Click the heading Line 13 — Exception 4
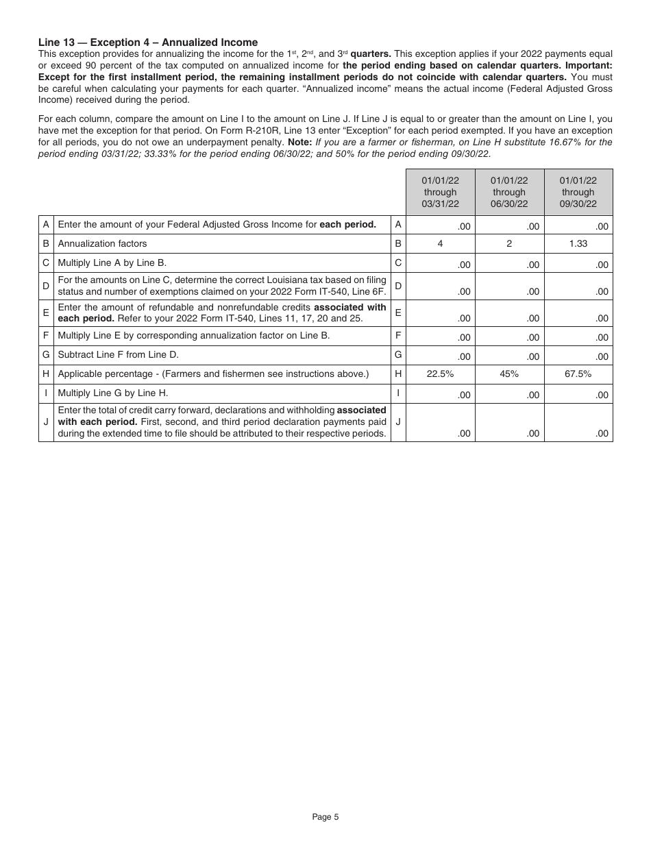click(148, 42)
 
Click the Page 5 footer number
click(325, 816)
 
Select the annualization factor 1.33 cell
click(578, 243)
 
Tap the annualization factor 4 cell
click(440, 243)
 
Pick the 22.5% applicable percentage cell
click(440, 374)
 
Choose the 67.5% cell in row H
click(578, 374)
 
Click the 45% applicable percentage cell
click(509, 374)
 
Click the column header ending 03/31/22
click(440, 192)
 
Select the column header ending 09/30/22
click(578, 192)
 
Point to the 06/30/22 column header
click(509, 192)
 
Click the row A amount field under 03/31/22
click(440, 225)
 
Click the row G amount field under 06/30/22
click(509, 356)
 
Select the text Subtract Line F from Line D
click(118, 355)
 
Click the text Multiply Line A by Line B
click(112, 262)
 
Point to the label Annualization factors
click(102, 243)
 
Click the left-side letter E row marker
click(46, 313)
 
